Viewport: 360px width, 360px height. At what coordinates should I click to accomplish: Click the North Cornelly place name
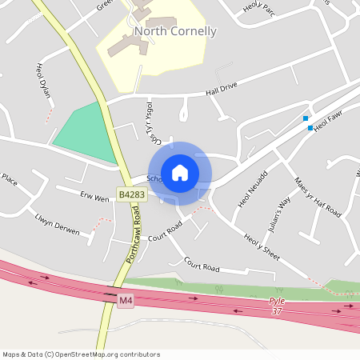tap(175, 32)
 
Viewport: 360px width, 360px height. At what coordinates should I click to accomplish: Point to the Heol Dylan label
tap(43, 81)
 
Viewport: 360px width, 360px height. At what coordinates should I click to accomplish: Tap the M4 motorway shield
tap(125, 300)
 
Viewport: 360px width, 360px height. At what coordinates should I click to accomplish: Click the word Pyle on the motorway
tap(277, 302)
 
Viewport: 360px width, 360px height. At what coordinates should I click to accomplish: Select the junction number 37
tap(277, 311)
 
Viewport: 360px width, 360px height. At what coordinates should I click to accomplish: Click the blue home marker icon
tap(180, 173)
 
